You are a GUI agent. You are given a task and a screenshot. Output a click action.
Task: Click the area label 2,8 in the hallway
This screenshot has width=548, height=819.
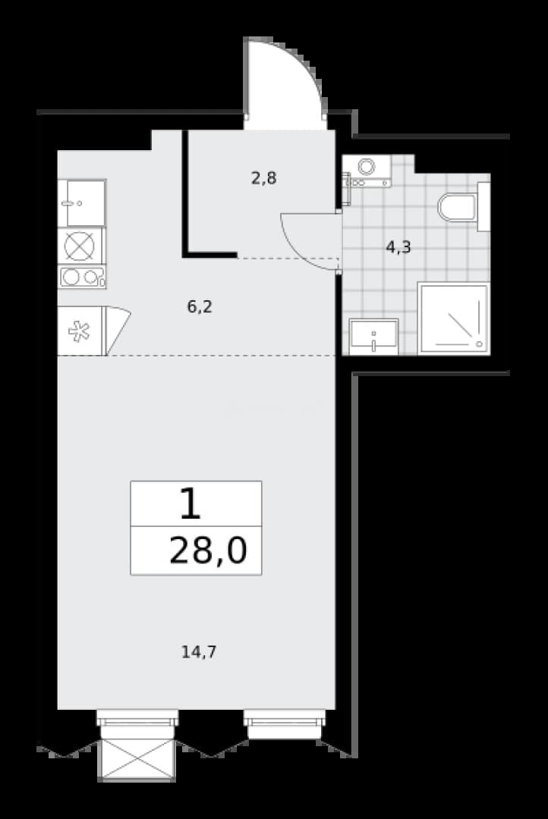click(263, 179)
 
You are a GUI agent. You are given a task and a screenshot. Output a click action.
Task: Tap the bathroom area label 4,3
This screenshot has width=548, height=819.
click(398, 247)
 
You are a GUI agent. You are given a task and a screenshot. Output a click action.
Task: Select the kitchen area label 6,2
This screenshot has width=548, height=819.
click(200, 306)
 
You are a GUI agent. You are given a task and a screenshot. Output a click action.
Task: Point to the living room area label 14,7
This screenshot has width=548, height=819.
click(199, 652)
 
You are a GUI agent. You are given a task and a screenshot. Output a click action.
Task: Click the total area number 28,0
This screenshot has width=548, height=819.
click(208, 551)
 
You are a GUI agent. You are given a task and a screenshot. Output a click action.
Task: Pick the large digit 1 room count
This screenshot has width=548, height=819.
click(191, 504)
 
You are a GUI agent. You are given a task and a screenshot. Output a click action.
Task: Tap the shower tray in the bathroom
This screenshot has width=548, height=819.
click(453, 318)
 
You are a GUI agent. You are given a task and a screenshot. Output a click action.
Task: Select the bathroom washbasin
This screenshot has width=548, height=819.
click(374, 337)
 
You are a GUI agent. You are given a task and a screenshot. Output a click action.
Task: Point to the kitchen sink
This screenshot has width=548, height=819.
click(82, 277)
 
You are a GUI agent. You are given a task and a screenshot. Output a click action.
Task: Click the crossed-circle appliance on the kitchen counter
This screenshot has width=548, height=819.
click(80, 246)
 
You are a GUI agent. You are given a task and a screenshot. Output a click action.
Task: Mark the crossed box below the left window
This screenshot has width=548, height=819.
click(137, 759)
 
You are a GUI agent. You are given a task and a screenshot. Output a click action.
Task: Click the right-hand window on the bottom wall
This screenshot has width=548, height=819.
click(285, 723)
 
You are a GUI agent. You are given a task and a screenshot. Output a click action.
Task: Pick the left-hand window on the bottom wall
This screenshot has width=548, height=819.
click(137, 723)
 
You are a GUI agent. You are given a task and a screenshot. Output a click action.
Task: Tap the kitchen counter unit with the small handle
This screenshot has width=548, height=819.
click(82, 203)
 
